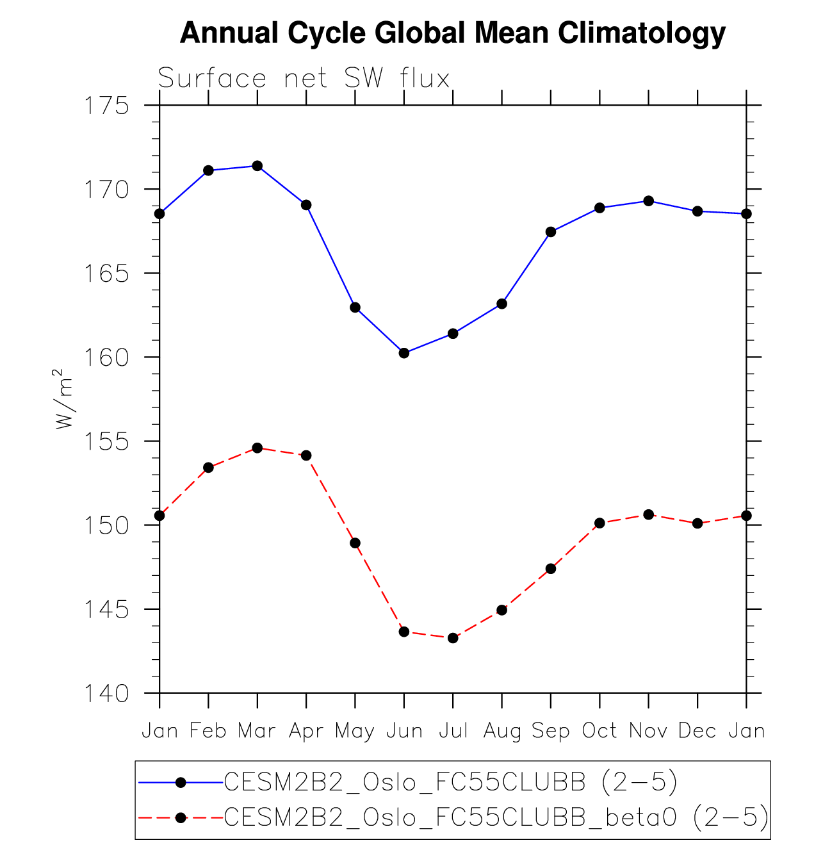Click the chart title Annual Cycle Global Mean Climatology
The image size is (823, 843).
coord(452,33)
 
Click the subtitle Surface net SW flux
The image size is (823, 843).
coord(304,79)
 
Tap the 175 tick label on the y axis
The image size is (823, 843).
coord(106,105)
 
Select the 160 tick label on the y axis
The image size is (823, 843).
coord(106,357)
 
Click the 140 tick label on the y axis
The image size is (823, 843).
coord(106,693)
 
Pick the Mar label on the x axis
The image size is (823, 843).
coord(257,731)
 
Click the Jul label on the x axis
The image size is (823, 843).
coord(453,731)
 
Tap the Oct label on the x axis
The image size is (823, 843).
coord(599,731)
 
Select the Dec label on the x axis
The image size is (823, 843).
coord(697,731)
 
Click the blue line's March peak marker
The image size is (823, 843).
coord(257,166)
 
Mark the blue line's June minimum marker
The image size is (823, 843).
coord(404,353)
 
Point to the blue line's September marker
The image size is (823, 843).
coord(551,232)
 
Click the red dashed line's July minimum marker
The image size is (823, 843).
coord(453,638)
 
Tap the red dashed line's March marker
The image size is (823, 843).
coord(257,448)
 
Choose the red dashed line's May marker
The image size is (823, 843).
coord(355,543)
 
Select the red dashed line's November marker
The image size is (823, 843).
coord(649,514)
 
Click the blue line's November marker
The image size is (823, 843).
coord(649,201)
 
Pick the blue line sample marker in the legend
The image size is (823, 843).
coord(181,783)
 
